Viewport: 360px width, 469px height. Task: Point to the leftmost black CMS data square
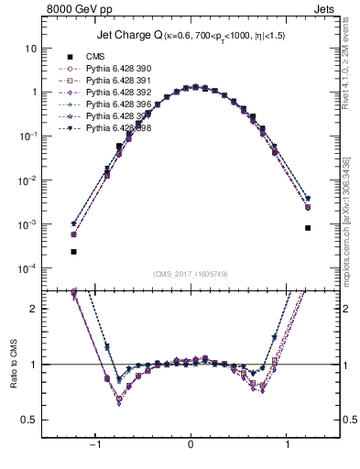pos(73,251)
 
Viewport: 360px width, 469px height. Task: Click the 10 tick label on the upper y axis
pos(31,48)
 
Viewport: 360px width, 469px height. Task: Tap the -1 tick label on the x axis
pos(93,446)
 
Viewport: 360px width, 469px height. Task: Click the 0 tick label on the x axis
pos(191,446)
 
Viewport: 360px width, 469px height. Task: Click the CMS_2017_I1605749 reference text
pos(191,273)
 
